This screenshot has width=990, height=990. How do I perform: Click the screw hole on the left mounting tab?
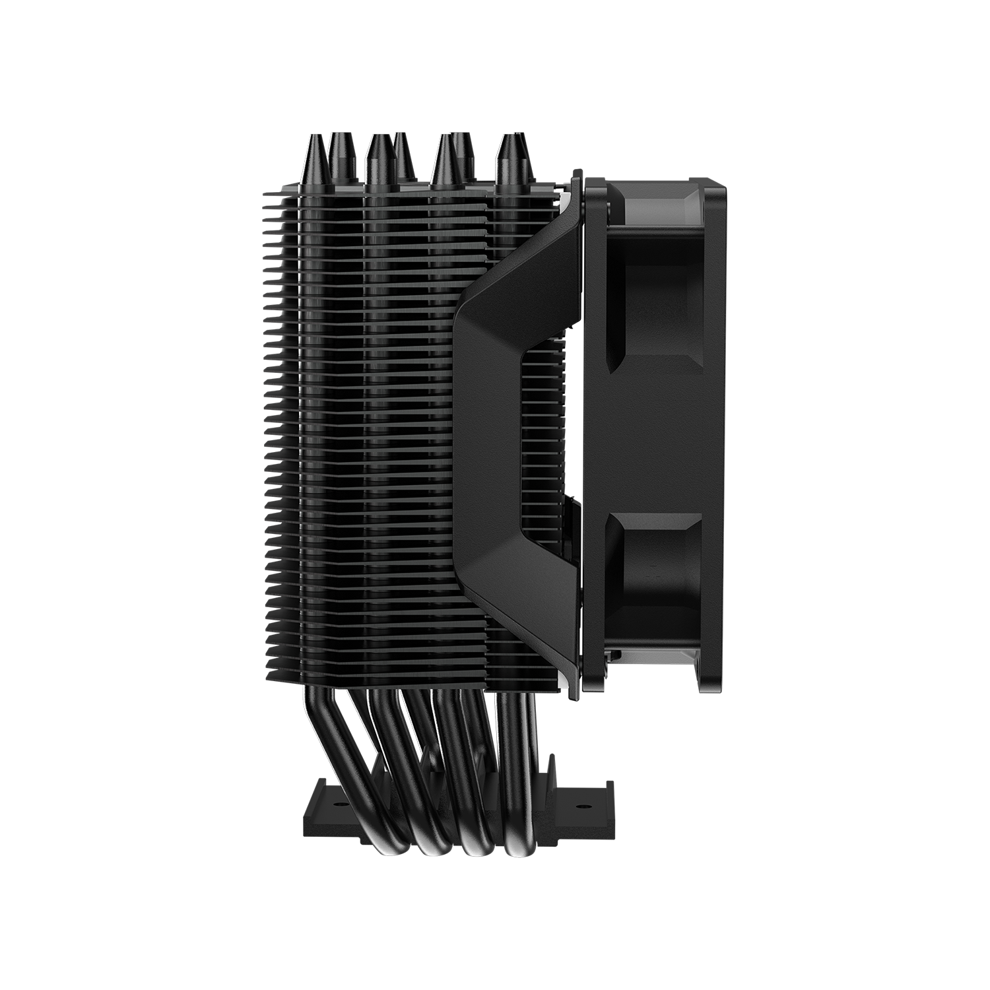(x=338, y=806)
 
